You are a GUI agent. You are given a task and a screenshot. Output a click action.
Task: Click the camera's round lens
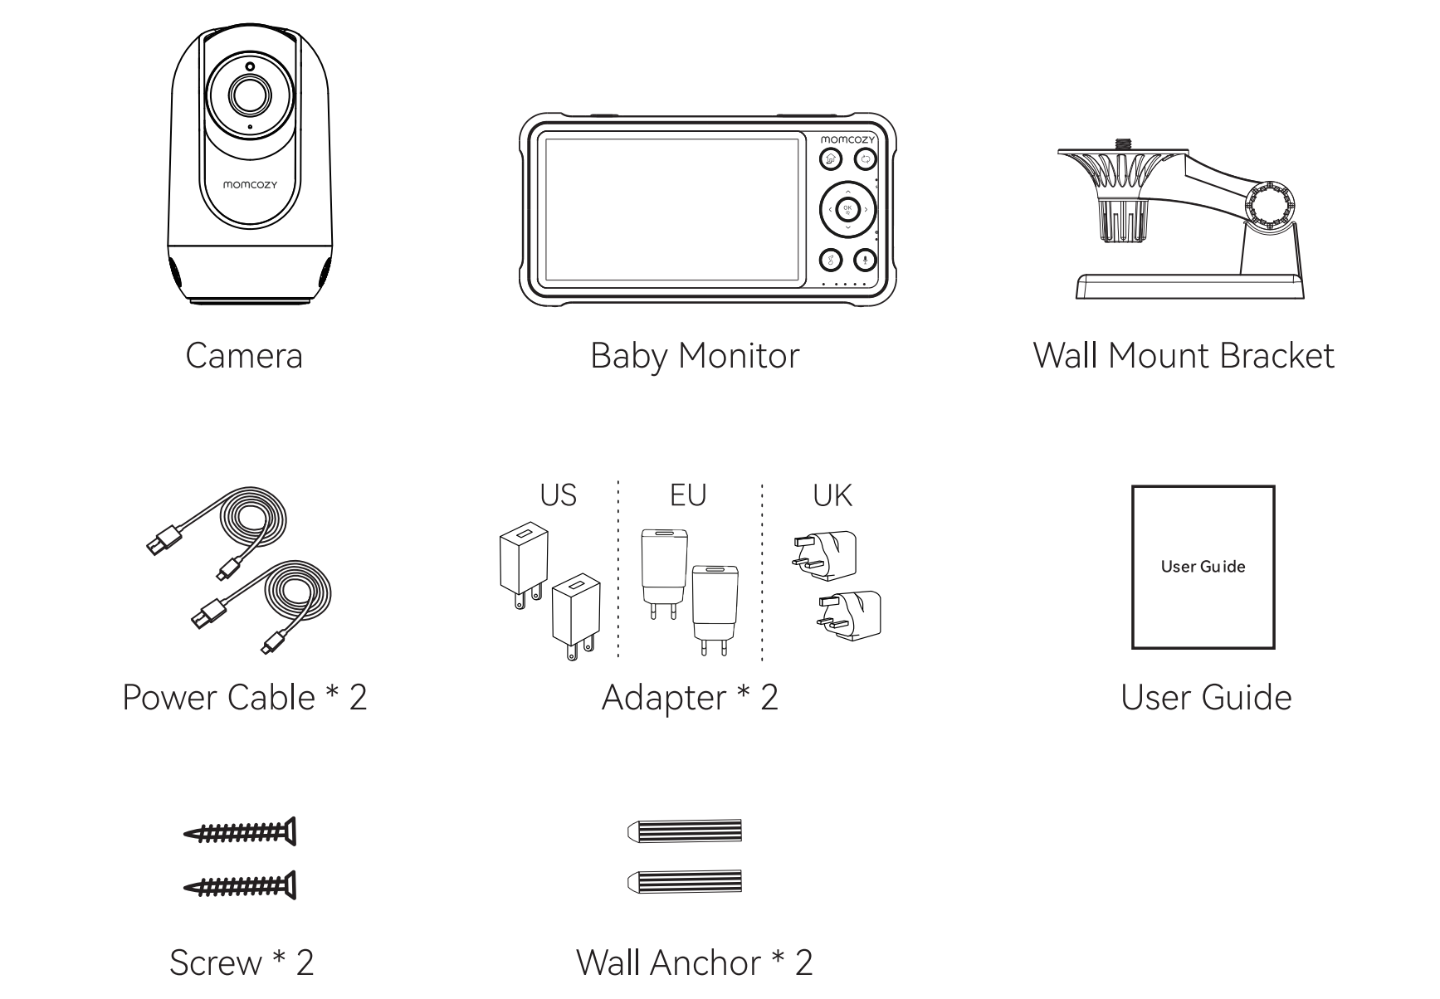point(249,94)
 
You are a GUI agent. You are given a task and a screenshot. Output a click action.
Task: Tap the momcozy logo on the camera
point(250,184)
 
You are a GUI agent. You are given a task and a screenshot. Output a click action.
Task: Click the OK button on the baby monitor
point(847,209)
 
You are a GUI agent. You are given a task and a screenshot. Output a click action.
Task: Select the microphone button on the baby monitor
point(865,261)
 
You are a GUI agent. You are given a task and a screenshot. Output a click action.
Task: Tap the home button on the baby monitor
point(831,160)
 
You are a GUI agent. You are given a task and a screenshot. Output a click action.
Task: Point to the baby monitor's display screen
point(671,209)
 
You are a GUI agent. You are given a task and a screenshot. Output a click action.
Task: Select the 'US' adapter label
point(558,495)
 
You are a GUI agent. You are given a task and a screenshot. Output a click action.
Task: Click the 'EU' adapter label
point(688,495)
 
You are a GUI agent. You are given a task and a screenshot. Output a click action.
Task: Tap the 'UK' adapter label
point(832,495)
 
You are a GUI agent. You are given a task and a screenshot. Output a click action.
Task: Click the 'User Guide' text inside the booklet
point(1203,567)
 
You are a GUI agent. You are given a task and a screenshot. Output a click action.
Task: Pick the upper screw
point(240,832)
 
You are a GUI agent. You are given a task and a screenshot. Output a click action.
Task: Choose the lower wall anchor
point(685,881)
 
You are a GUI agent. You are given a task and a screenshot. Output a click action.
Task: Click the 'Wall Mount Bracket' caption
point(1184,355)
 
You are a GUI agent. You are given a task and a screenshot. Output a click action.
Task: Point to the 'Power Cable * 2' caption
point(244,697)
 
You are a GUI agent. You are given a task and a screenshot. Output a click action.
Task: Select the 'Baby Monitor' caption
point(695,356)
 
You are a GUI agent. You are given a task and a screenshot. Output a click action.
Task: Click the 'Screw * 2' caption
point(242,962)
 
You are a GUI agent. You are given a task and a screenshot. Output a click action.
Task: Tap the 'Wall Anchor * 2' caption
point(695,962)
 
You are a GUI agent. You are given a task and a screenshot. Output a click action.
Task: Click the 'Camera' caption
point(244,356)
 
